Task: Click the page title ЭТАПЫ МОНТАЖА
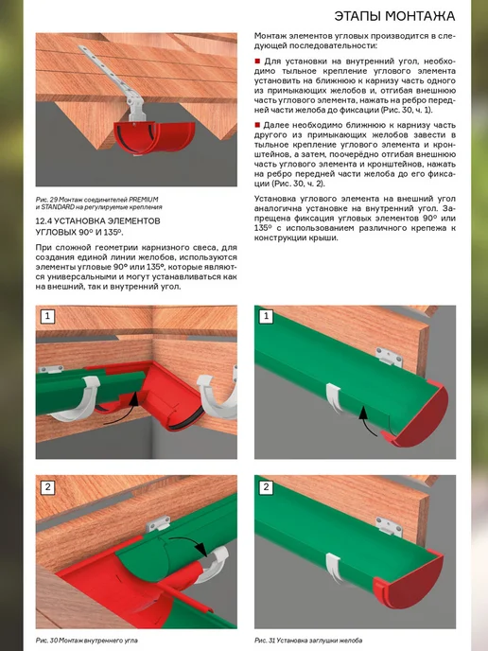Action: [x=394, y=16]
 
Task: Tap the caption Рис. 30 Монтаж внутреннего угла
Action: [x=86, y=641]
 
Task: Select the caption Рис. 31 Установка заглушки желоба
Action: [x=308, y=641]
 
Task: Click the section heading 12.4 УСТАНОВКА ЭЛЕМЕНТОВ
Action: [x=98, y=220]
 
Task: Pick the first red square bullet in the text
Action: [x=257, y=61]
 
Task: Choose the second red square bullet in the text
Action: [x=257, y=125]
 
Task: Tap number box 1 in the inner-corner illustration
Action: [x=47, y=316]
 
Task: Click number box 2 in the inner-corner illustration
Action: [x=47, y=487]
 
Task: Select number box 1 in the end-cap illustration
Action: [x=266, y=316]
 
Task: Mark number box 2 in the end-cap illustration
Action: [x=266, y=487]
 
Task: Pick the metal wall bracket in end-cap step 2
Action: [x=390, y=526]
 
